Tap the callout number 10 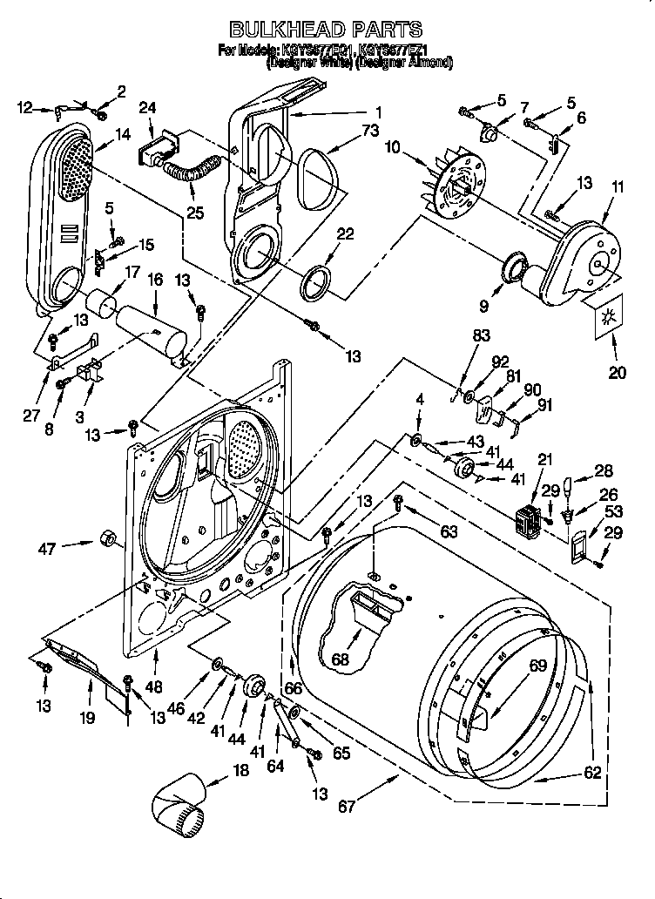point(392,148)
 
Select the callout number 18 point(240,770)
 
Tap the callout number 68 point(341,659)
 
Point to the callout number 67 point(348,807)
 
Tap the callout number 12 point(25,108)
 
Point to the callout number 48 point(154,686)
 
